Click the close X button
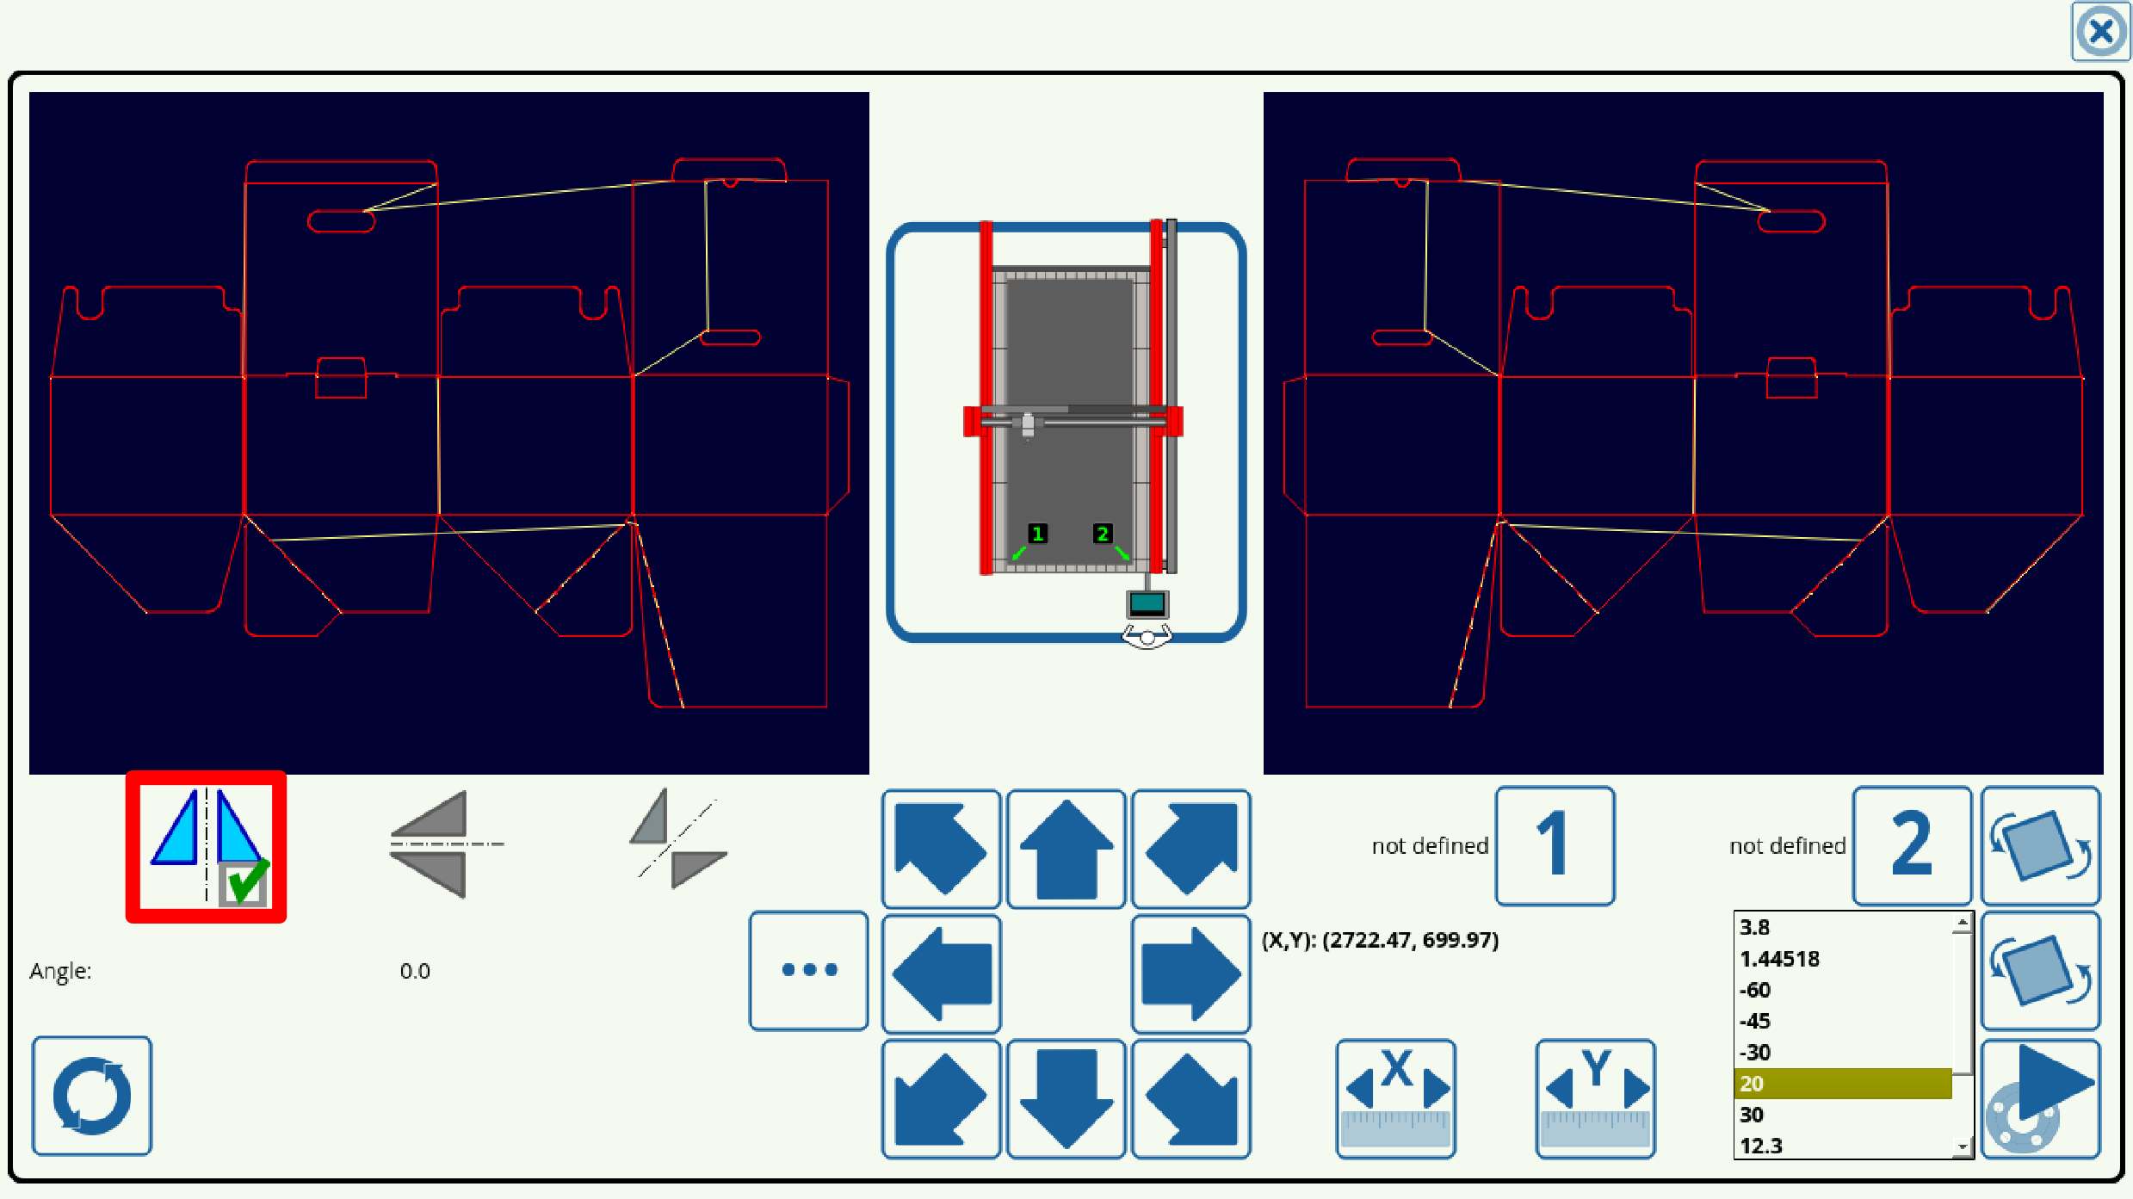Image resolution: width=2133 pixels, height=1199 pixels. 2100,33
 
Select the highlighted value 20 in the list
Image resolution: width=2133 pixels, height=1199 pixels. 1842,1084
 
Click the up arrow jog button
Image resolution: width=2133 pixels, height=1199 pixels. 1066,849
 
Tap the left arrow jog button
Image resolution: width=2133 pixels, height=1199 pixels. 941,973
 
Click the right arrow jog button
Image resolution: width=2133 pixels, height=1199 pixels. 1190,973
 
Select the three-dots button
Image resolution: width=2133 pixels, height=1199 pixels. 808,970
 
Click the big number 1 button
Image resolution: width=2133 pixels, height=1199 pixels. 1554,845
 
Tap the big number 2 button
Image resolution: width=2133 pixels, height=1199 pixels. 1911,845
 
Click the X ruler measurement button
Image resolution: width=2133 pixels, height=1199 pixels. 1395,1098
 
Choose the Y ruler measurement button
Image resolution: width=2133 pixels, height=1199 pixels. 1595,1098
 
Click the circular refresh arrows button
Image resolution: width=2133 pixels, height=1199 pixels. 92,1096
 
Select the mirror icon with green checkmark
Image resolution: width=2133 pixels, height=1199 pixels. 207,847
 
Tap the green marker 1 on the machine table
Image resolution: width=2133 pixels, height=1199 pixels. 1037,534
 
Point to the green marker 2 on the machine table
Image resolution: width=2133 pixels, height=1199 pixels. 1102,534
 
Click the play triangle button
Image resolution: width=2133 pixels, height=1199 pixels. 2041,1098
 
